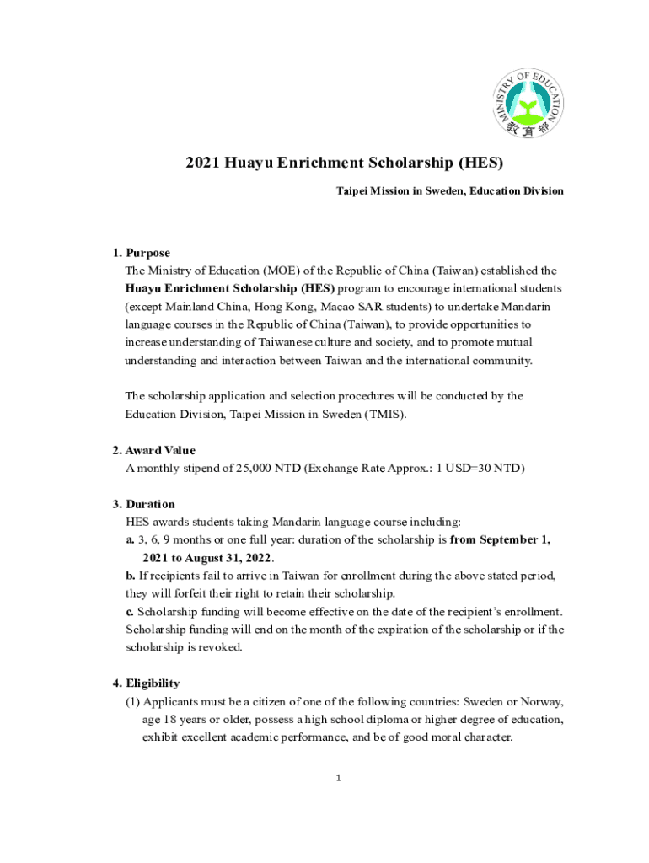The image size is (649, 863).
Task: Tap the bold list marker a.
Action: click(130, 539)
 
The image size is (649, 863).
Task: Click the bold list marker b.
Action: click(130, 576)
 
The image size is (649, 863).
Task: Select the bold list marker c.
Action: click(130, 611)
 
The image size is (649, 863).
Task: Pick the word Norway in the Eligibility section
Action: click(541, 701)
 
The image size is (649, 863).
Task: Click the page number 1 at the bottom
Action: click(338, 778)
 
